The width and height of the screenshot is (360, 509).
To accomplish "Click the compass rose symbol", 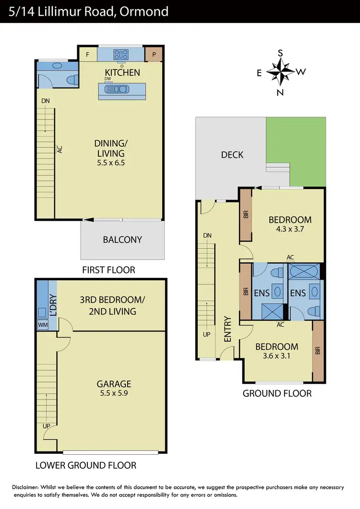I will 280,72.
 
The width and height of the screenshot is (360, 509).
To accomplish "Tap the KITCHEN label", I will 123,72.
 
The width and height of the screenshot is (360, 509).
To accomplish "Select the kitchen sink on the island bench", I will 122,89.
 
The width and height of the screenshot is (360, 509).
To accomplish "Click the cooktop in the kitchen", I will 120,54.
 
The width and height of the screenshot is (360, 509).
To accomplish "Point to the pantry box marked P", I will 154,54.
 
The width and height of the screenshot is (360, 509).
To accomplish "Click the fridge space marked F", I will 87,54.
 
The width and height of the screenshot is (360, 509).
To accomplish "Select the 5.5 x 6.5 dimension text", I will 109,163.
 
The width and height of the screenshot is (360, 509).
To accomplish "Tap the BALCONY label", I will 122,239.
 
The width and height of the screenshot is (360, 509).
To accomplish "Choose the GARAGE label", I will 114,384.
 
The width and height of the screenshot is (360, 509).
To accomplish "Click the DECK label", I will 232,154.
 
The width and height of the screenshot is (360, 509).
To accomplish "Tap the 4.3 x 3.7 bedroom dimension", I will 290,229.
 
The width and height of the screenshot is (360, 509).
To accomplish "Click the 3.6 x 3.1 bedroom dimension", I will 276,356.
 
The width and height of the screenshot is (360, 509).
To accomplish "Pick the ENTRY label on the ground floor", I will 228,329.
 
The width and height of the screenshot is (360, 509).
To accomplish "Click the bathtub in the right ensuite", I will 304,272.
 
